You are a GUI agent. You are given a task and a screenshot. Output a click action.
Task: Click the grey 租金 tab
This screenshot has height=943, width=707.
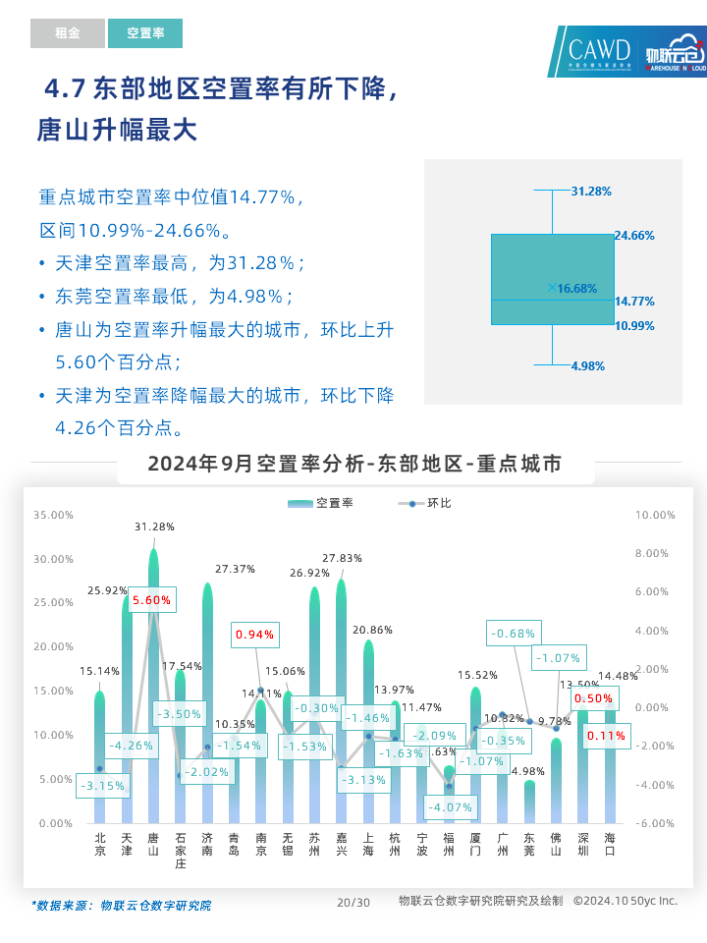(67, 33)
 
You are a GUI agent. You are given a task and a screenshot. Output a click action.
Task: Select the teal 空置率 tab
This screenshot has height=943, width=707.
(145, 33)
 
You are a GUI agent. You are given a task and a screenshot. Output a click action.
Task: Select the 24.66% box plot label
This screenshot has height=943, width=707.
(634, 236)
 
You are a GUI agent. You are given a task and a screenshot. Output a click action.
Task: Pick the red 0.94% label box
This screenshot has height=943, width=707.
(255, 635)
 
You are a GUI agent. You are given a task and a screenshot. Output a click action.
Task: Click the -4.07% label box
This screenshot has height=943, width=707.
(452, 807)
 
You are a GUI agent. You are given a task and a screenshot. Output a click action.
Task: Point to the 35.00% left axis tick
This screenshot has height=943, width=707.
(53, 515)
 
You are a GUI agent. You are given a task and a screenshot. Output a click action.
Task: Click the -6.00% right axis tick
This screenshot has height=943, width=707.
(656, 824)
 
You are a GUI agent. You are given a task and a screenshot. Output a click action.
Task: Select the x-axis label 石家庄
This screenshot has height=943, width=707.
(180, 851)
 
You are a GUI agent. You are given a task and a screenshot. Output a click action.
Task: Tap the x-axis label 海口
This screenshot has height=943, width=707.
(610, 845)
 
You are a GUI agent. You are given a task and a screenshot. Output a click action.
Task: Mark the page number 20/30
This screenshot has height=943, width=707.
(353, 902)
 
